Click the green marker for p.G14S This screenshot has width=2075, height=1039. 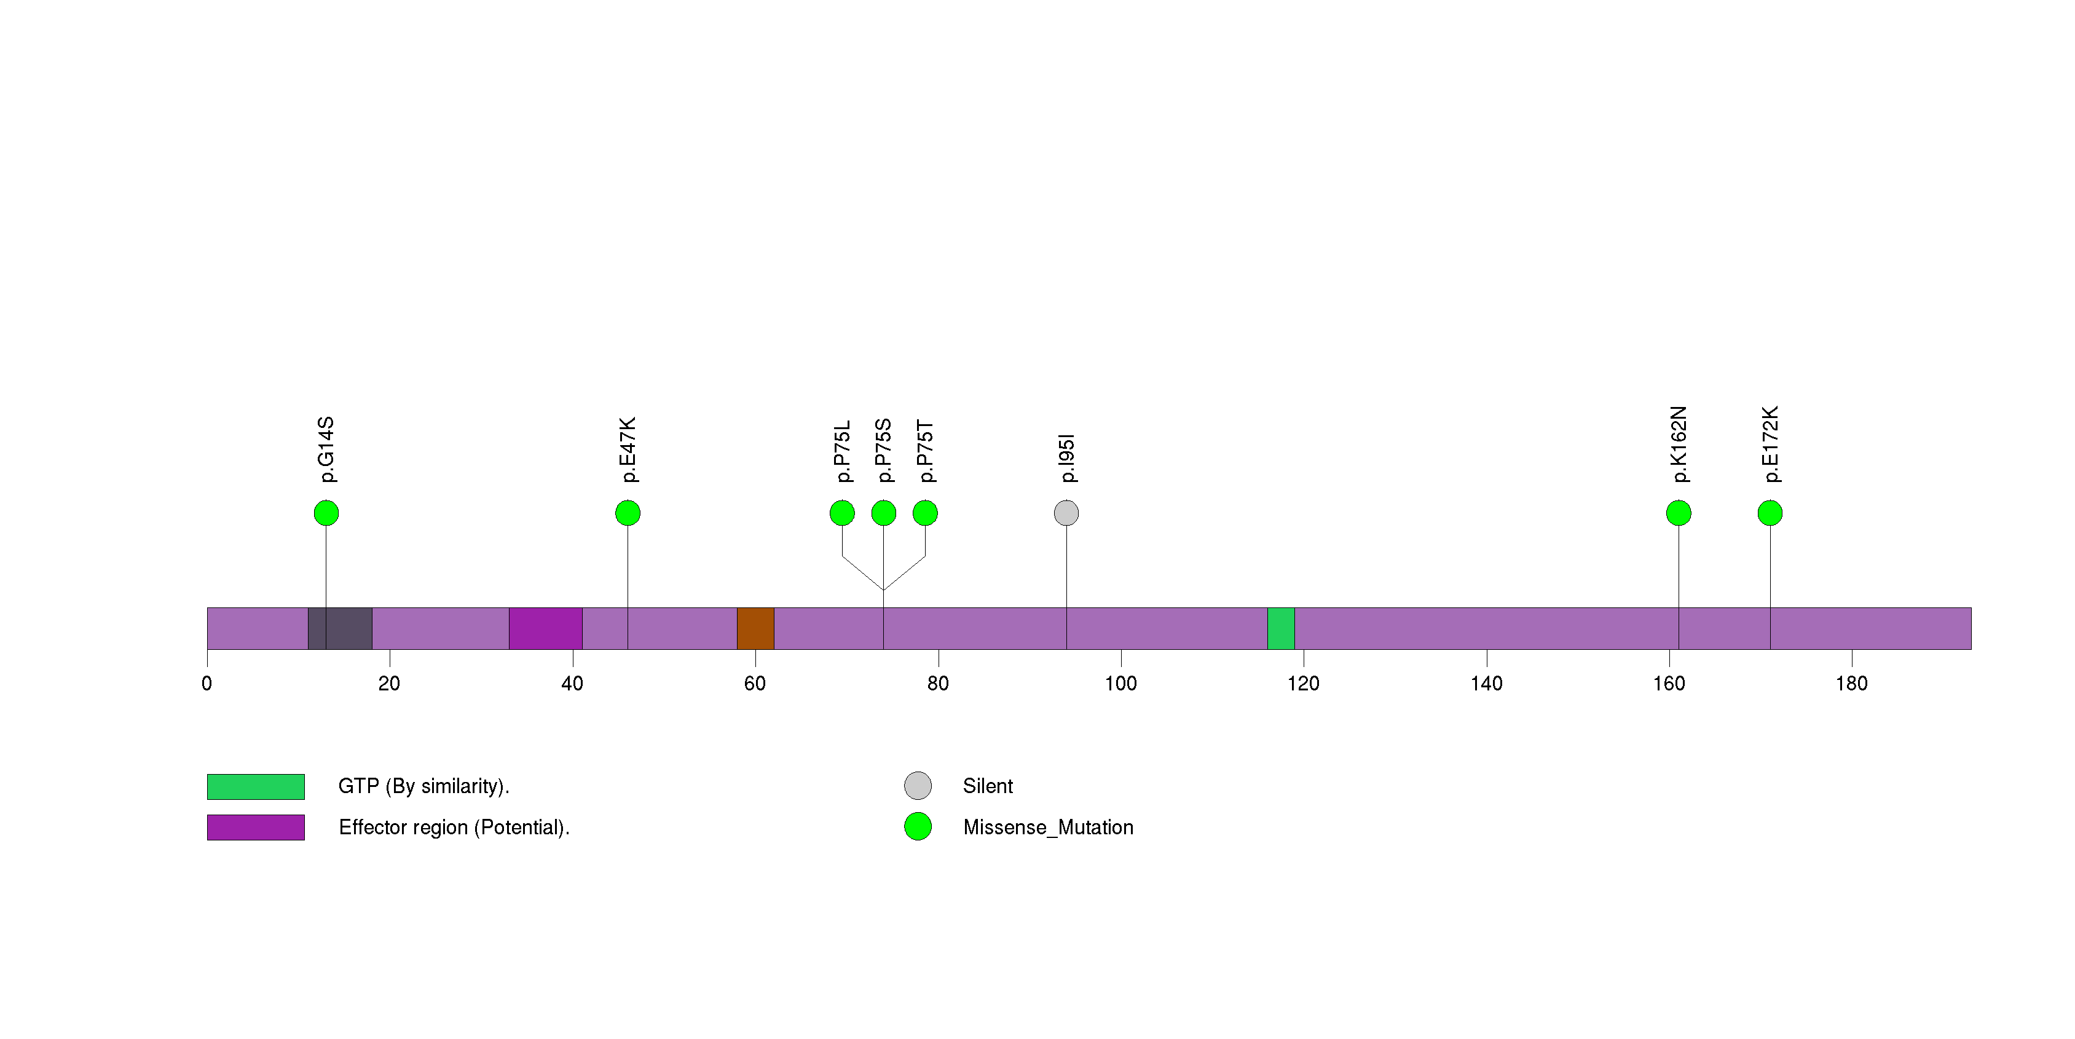326,513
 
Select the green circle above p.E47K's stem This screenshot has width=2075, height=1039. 628,513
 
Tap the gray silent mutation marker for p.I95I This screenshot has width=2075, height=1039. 1066,513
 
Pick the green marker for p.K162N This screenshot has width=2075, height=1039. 1679,513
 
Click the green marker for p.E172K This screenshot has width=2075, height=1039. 1770,513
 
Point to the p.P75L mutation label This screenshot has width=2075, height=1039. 843,451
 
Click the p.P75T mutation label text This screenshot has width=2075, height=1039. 926,451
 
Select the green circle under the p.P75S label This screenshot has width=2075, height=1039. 884,513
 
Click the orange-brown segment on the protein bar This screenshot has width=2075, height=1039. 755,628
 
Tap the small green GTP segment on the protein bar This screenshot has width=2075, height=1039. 1281,628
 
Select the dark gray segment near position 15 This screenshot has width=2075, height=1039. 340,628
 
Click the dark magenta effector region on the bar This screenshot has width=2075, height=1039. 545,628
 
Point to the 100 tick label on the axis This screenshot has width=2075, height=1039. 1120,684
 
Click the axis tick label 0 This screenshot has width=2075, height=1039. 207,684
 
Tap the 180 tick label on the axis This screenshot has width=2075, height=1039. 1851,684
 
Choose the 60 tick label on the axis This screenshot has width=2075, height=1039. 755,684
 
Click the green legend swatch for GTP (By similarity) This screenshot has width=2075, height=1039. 255,786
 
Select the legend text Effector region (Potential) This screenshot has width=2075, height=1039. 454,827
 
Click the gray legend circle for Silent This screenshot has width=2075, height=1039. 918,785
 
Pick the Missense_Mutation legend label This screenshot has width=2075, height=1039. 1048,827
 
